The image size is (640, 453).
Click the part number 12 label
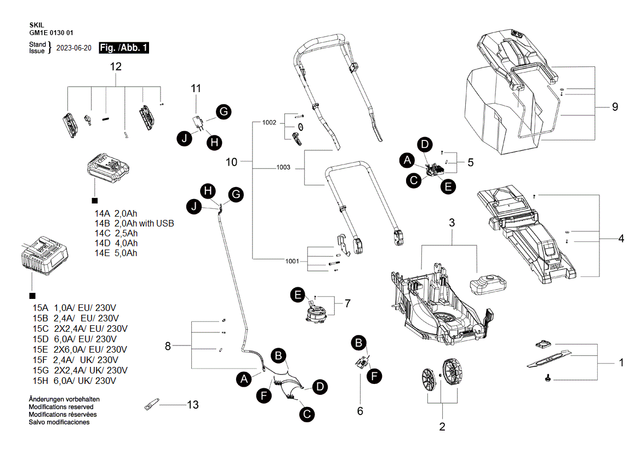(116, 67)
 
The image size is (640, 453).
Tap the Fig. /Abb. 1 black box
(124, 48)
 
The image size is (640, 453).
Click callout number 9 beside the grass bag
(615, 107)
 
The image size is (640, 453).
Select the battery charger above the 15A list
(44, 256)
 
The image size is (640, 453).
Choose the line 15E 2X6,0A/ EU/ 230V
(80, 349)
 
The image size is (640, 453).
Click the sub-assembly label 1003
(283, 167)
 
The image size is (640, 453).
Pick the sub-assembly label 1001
(292, 261)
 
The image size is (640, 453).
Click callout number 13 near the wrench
(192, 405)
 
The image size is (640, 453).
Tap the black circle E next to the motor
(298, 295)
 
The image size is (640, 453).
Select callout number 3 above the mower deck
(452, 223)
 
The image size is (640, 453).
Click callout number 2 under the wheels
(442, 426)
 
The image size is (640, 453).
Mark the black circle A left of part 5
(407, 160)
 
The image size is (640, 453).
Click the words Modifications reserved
(61, 407)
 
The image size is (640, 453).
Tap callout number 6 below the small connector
(360, 410)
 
